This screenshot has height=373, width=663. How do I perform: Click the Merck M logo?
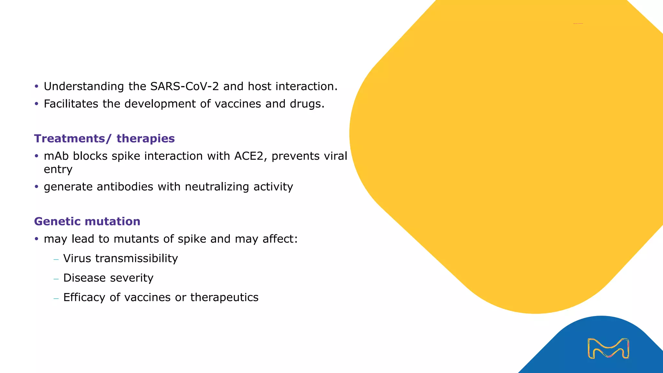(608, 348)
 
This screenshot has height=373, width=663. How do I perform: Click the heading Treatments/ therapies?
(104, 139)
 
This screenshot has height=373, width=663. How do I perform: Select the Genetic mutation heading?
(87, 221)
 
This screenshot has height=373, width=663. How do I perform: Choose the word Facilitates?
(71, 104)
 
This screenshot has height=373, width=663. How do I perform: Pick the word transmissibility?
(136, 258)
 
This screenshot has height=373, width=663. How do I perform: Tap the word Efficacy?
(84, 297)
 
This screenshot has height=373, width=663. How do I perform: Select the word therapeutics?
(224, 297)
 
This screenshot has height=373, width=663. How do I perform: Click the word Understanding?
(84, 86)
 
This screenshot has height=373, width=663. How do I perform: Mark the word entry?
(58, 169)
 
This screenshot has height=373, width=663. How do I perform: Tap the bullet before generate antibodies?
(37, 187)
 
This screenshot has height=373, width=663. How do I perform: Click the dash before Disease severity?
(56, 278)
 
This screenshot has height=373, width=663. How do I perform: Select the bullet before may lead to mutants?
(37, 239)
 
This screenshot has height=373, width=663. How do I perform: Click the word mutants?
(136, 239)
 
